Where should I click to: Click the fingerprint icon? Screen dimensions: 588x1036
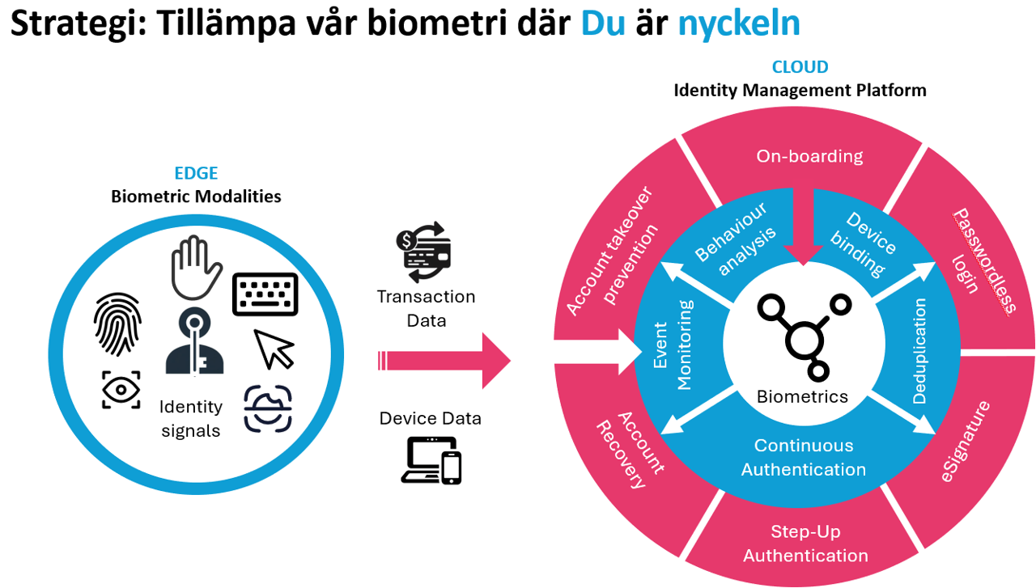pyautogui.click(x=119, y=324)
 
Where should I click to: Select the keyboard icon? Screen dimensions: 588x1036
pyautogui.click(x=265, y=294)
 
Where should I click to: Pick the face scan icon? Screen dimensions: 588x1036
pyautogui.click(x=269, y=408)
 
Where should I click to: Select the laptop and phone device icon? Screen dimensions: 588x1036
pyautogui.click(x=431, y=460)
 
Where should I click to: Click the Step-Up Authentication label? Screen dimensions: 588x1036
pyautogui.click(x=805, y=544)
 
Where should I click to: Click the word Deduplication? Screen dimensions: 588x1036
pyautogui.click(x=919, y=349)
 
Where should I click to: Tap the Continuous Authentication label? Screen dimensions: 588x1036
pyautogui.click(x=804, y=457)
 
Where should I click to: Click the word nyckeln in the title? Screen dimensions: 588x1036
pyautogui.click(x=739, y=24)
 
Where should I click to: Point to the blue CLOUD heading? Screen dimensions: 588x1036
pyautogui.click(x=800, y=67)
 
